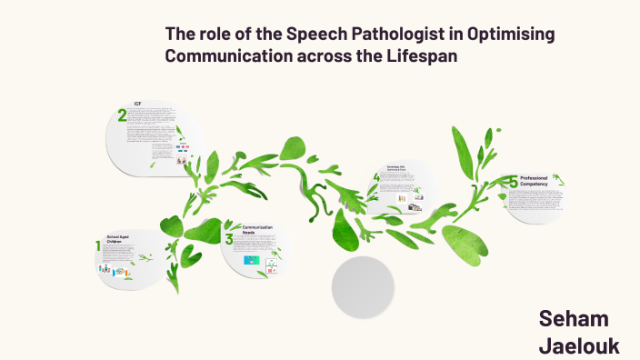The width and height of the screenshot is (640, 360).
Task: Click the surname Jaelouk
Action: click(579, 345)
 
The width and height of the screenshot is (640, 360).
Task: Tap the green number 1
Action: click(98, 246)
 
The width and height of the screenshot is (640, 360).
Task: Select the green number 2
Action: click(122, 115)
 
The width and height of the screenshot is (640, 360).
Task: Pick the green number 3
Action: click(229, 239)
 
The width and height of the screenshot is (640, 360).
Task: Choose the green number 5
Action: click(513, 183)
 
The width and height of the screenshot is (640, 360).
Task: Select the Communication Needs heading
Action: click(258, 229)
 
